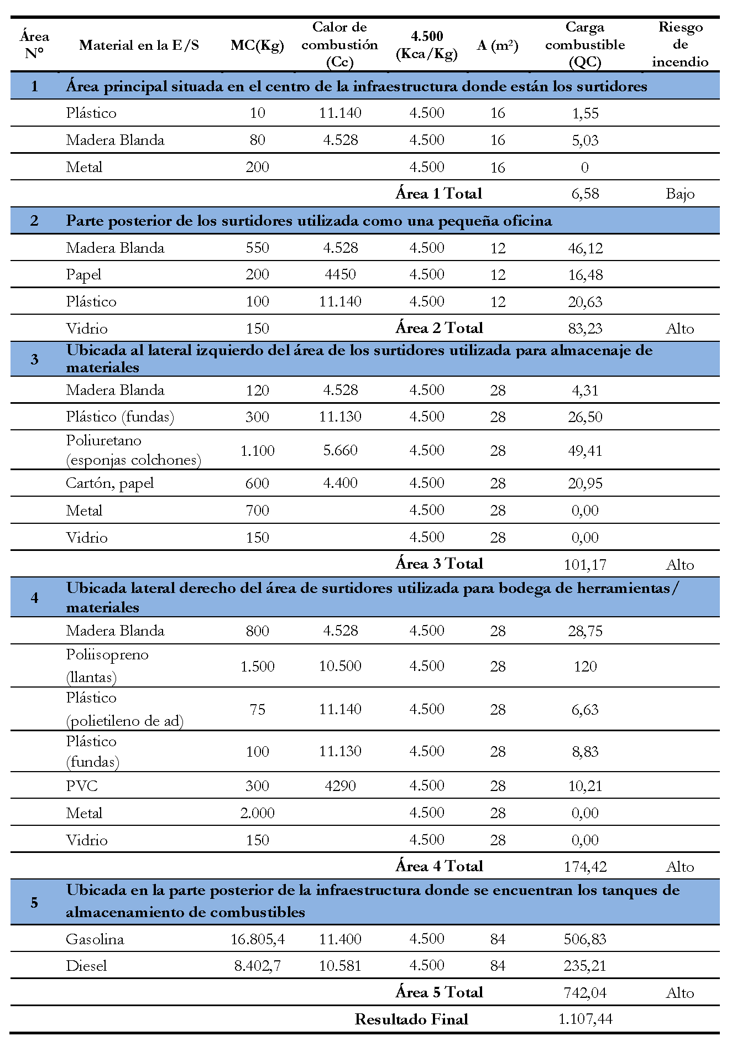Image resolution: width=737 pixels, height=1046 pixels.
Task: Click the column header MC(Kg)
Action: coord(257,45)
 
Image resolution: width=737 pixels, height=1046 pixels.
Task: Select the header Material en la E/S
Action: coord(139,45)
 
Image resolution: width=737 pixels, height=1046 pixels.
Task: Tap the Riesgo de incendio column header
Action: coord(679,44)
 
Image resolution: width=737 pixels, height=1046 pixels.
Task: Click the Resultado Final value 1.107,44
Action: coord(585,1019)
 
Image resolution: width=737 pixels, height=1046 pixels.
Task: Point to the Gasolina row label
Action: coord(95,939)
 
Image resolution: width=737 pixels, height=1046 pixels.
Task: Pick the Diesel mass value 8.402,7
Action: coord(257,966)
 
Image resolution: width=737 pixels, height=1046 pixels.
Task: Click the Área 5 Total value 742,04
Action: coord(585,992)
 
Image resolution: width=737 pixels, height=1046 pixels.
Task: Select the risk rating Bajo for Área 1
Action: coord(679,194)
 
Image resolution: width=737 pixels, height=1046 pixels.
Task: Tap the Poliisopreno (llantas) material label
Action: coord(107,665)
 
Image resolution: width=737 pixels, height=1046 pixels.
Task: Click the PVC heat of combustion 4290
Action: coord(340,785)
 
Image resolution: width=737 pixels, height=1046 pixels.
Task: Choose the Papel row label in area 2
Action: coord(83,275)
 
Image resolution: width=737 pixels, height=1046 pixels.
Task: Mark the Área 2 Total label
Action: coord(439,328)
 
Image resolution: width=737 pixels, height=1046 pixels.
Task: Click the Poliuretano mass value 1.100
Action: coord(257,450)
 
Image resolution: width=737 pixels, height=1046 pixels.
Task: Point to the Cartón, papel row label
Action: coord(109,483)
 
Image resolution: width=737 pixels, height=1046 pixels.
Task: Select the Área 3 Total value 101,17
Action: coord(585,564)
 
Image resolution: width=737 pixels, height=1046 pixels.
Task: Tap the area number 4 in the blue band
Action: coord(34,597)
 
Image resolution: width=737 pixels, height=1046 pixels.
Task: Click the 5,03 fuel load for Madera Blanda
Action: coord(585,140)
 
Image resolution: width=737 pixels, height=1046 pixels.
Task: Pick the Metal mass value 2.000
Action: coord(257,813)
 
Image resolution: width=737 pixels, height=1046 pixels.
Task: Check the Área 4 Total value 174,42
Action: coord(585,866)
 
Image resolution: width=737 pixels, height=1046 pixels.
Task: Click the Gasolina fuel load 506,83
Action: coord(585,939)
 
